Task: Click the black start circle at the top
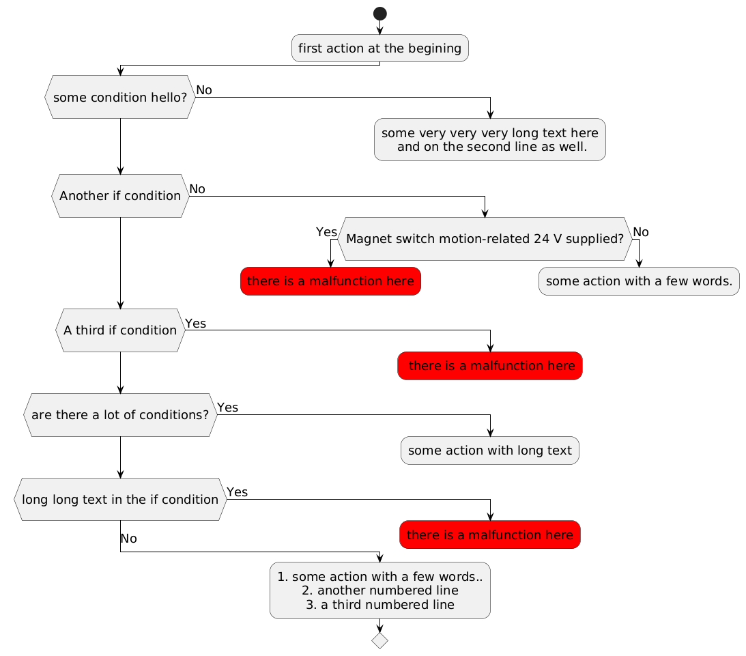(379, 13)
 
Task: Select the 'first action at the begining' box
(379, 48)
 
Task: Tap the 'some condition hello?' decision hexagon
(120, 97)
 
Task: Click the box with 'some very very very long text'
(489, 139)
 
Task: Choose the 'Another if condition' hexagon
(120, 195)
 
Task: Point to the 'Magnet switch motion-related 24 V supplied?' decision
(485, 239)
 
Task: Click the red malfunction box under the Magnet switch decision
(330, 281)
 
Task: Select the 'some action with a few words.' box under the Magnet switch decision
(639, 281)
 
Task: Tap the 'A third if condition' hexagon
(120, 330)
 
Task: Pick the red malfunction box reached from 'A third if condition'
(489, 366)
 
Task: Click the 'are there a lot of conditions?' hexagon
(120, 414)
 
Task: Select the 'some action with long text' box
(489, 451)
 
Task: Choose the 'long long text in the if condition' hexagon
(120, 499)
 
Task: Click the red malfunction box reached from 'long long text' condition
(489, 535)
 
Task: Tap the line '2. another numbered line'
(379, 590)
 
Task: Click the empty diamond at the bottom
(379, 640)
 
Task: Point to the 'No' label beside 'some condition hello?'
(204, 90)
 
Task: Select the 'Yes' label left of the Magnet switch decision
(326, 231)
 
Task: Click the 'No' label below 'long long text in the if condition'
(128, 539)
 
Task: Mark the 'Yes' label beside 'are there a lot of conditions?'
(227, 408)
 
